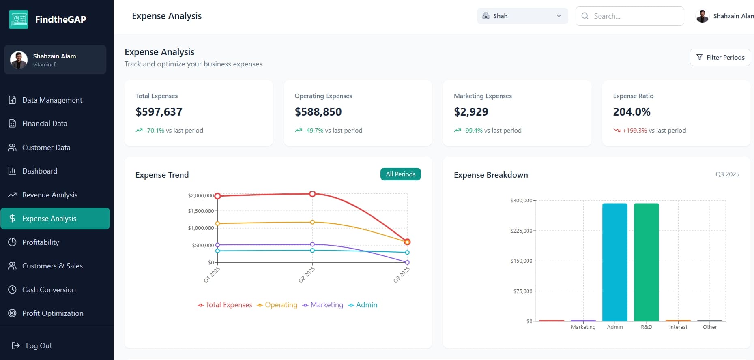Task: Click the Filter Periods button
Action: coord(720,57)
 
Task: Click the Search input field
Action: coord(629,16)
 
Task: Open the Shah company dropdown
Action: coord(522,16)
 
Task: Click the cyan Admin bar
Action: coord(615,262)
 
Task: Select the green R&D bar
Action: coord(647,262)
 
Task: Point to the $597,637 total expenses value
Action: coord(159,112)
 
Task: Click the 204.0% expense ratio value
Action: coord(632,112)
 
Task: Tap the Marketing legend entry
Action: coord(323,305)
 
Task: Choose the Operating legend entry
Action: coord(277,305)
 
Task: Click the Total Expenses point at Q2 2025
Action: coord(312,194)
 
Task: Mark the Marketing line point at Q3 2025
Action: coord(407,262)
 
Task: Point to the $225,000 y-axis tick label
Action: coord(521,231)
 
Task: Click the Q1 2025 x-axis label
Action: coord(212,275)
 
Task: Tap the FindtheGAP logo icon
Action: coord(19,19)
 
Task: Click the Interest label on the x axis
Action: coord(678,327)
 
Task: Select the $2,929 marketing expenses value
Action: coord(471,112)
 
